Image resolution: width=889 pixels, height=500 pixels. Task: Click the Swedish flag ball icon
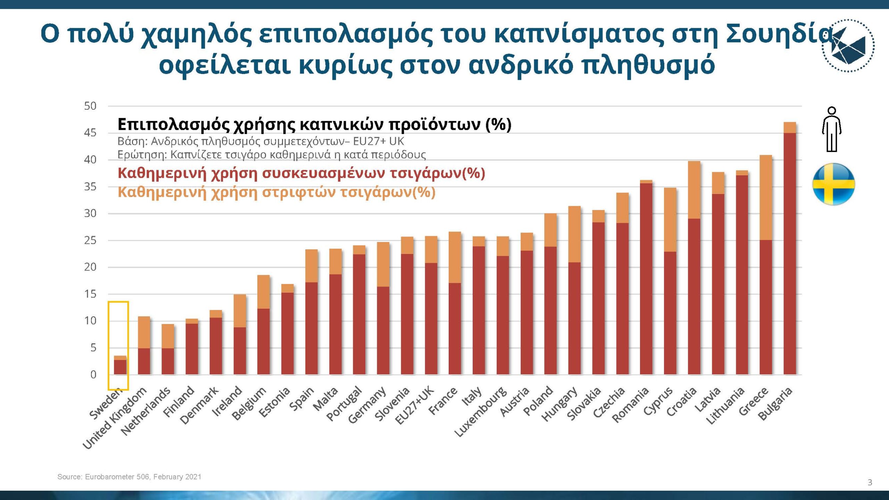pyautogui.click(x=833, y=184)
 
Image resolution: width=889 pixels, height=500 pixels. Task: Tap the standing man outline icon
pyautogui.click(x=832, y=130)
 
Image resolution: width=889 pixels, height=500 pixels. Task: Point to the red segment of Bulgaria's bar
pyautogui.click(x=790, y=253)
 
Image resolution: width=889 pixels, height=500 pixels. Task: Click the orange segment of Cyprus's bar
pyautogui.click(x=670, y=219)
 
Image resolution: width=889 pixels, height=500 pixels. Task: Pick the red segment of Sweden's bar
pyautogui.click(x=120, y=367)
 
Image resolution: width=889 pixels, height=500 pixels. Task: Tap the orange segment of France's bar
pyautogui.click(x=455, y=257)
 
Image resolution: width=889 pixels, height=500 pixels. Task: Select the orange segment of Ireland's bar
pyautogui.click(x=240, y=311)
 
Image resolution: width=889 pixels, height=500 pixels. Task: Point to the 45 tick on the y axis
pyautogui.click(x=90, y=133)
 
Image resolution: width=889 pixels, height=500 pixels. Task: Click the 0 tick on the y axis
pyautogui.click(x=93, y=375)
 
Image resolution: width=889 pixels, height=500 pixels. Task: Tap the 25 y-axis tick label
pyautogui.click(x=90, y=240)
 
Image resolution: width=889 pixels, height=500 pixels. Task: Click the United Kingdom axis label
pyautogui.click(x=115, y=418)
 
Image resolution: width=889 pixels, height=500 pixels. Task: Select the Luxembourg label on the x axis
pyautogui.click(x=481, y=411)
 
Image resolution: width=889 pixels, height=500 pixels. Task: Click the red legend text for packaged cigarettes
pyautogui.click(x=301, y=173)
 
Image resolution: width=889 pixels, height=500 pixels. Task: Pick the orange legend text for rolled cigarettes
pyautogui.click(x=276, y=192)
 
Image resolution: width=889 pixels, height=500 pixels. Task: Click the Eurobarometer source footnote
pyautogui.click(x=129, y=477)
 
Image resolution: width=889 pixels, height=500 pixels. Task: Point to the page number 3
pyautogui.click(x=870, y=482)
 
